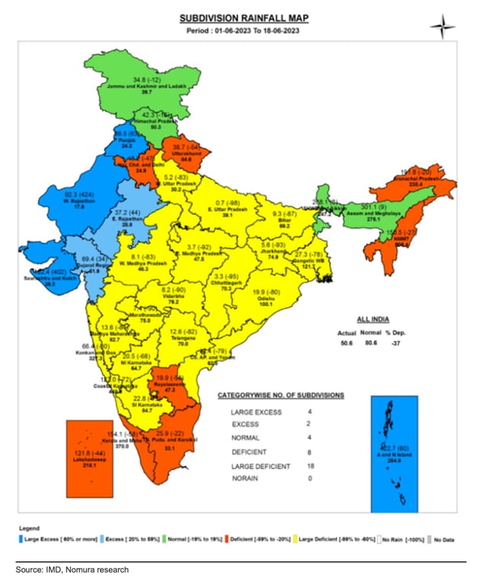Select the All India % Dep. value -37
(416, 344)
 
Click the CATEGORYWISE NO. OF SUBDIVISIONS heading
(280, 395)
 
